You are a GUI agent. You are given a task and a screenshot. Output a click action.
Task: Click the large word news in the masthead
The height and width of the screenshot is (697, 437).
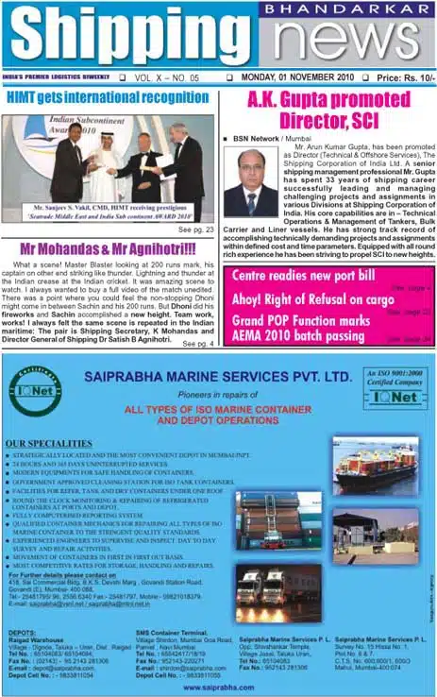tap(335, 42)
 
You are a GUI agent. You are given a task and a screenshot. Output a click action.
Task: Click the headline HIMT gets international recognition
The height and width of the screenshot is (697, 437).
tap(107, 96)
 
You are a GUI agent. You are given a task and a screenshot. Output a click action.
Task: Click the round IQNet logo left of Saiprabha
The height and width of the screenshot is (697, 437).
tap(36, 394)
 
